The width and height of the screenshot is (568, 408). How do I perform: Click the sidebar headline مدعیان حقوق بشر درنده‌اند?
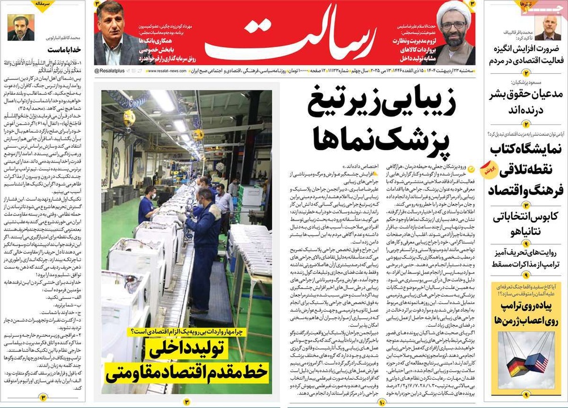[526, 102]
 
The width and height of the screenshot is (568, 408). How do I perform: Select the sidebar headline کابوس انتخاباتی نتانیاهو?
[526, 224]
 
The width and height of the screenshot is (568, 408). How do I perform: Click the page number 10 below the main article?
[382, 402]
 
